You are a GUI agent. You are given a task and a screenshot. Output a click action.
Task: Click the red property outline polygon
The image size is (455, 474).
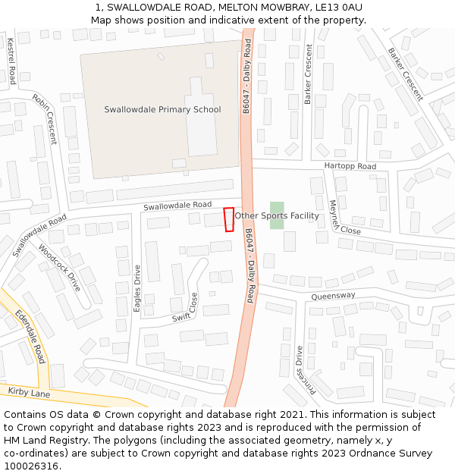228,219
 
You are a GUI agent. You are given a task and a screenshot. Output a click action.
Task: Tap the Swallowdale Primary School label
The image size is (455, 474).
162,109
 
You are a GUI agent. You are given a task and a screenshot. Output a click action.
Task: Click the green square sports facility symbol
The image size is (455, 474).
277,215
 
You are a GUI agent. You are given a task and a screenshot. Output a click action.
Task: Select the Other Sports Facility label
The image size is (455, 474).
277,216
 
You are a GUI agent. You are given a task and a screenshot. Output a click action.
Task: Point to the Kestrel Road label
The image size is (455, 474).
11,61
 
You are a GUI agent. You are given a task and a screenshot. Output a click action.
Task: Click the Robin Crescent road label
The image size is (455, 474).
44,118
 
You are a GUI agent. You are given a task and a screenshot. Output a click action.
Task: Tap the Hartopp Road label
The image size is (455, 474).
350,166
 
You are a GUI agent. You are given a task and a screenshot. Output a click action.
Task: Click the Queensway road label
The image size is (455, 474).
333,296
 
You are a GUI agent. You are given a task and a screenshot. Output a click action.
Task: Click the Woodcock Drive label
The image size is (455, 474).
59,268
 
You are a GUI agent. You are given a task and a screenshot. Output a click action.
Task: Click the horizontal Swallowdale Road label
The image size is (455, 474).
177,205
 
